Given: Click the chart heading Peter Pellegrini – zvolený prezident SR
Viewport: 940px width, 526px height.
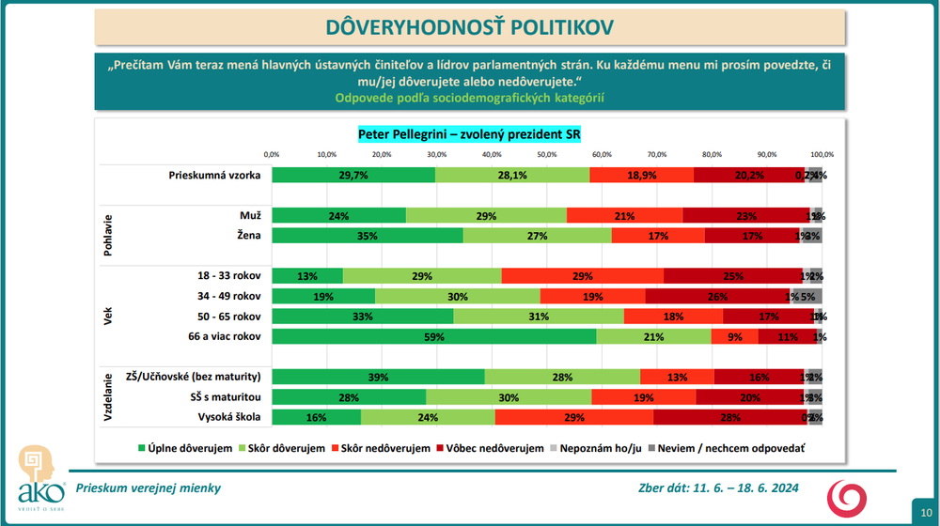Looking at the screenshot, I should click(469, 134).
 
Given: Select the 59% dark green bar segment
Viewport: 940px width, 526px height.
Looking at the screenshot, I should click(434, 336).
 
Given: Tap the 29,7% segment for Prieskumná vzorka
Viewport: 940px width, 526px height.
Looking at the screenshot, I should click(353, 175).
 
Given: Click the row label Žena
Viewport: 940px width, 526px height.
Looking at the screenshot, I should click(250, 236).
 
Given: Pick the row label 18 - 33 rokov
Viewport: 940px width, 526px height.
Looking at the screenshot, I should click(227, 276).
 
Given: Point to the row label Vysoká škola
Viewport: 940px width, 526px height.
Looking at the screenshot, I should click(227, 417).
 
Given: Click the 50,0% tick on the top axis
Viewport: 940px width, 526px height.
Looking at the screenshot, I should click(547, 154).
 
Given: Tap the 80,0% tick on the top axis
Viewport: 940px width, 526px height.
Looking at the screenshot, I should click(712, 154).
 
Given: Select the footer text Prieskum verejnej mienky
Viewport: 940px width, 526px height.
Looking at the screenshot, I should click(149, 488).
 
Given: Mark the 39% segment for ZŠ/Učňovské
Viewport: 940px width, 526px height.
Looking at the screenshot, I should click(378, 377).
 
